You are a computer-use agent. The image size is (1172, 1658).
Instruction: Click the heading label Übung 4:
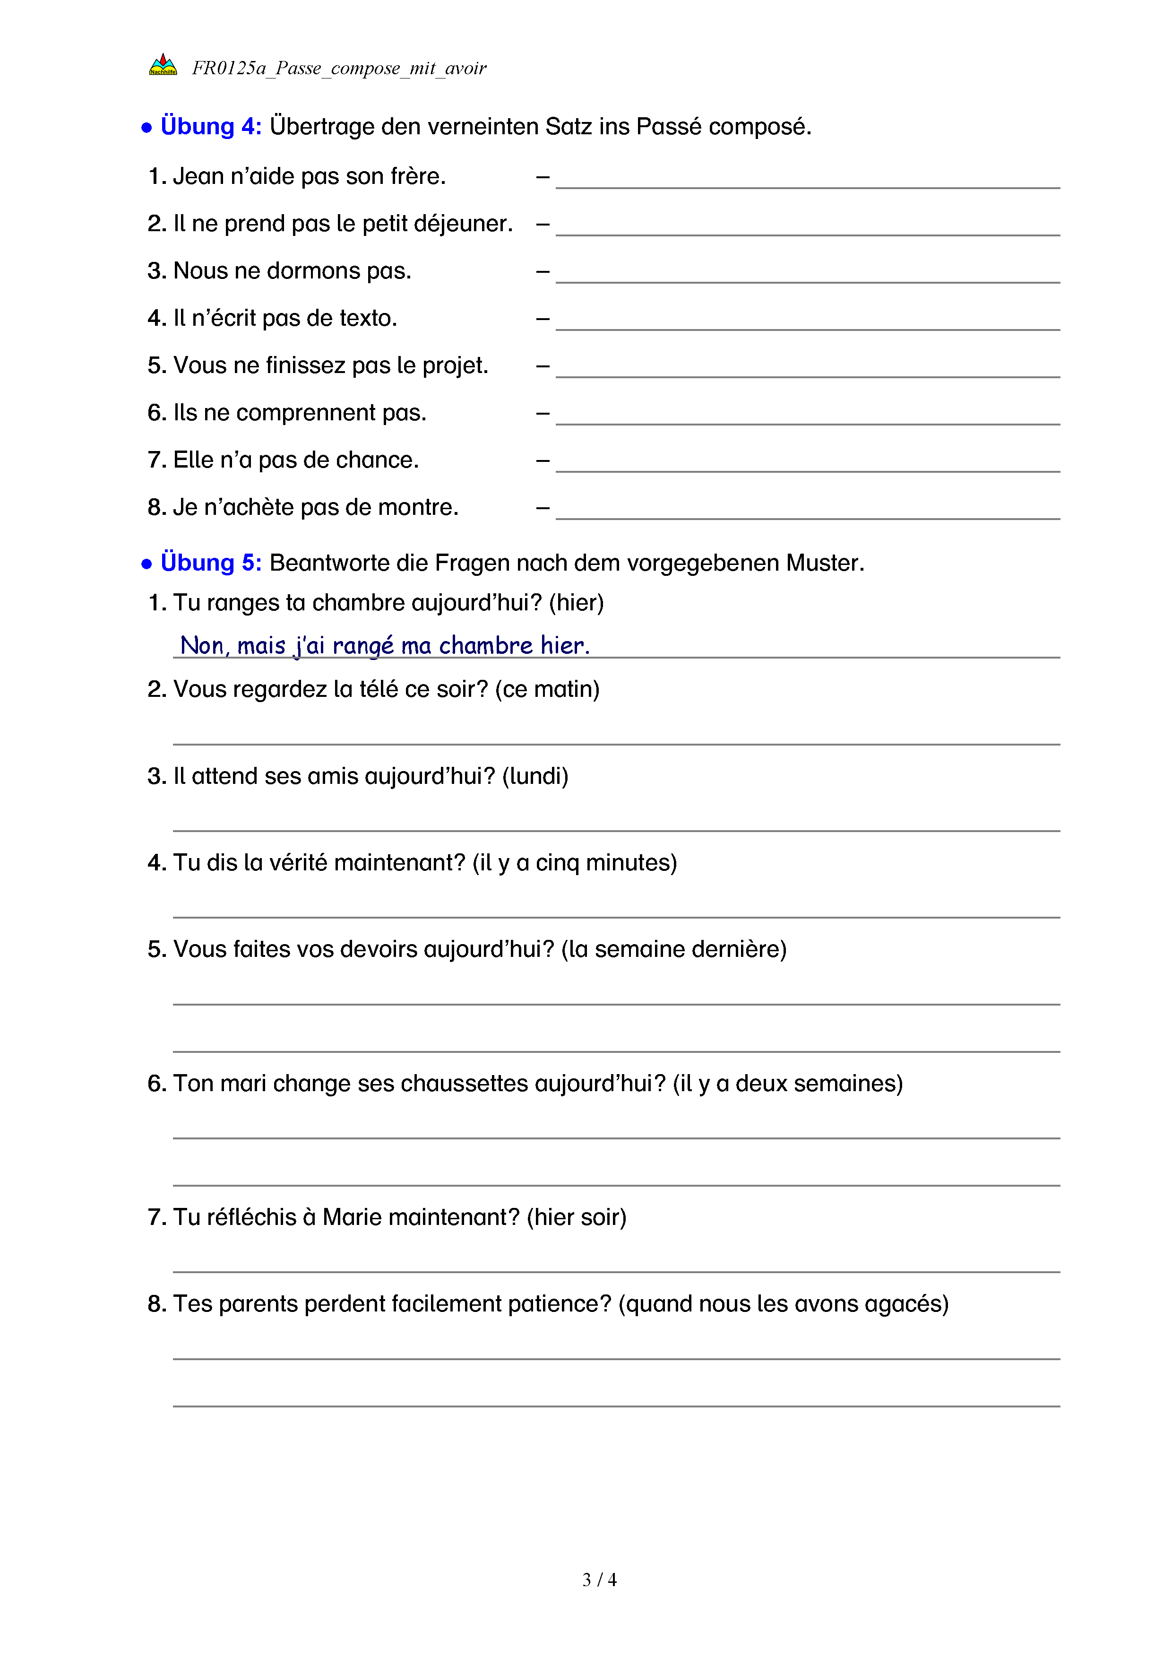[x=211, y=126]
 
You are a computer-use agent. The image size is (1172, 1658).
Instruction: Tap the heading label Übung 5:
[x=211, y=563]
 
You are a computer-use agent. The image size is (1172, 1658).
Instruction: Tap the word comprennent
[x=306, y=413]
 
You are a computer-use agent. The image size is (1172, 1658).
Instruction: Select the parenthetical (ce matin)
[x=547, y=690]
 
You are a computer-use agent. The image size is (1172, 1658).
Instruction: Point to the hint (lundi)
[x=535, y=776]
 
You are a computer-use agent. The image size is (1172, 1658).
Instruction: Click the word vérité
[x=298, y=863]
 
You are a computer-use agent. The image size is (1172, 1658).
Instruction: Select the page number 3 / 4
[x=599, y=1580]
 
